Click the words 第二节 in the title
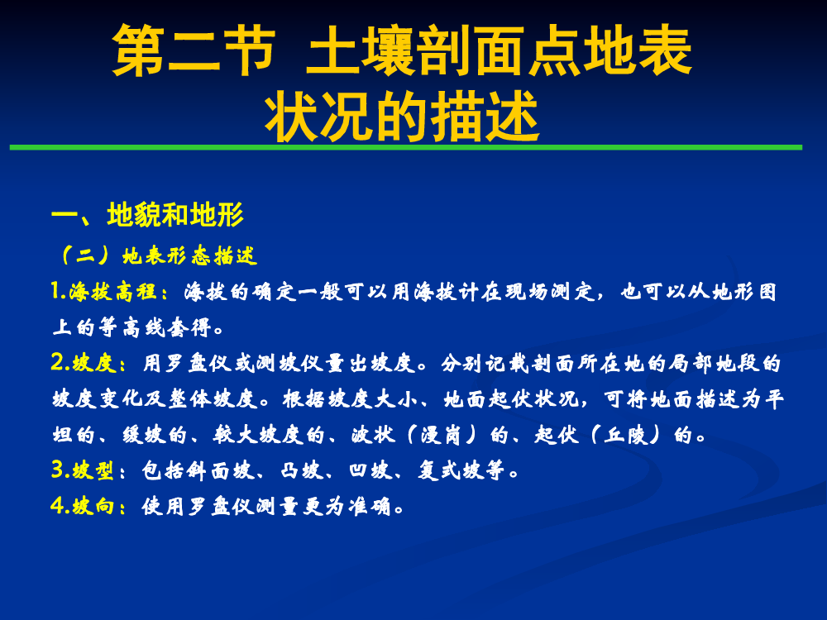194,50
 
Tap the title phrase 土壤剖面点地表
499,50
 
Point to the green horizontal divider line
405,148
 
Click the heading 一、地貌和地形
148,215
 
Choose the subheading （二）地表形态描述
158,255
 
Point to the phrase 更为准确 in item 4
347,506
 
